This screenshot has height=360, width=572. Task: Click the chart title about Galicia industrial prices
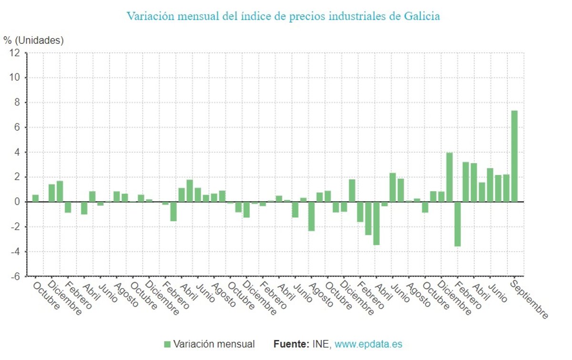283,16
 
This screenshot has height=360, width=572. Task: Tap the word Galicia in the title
421,16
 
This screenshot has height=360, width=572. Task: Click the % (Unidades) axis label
33,41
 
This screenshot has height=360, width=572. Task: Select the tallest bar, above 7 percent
514,156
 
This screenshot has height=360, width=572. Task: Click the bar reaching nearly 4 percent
449,177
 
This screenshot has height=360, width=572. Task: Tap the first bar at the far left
35,198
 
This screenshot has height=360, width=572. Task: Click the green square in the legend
167,344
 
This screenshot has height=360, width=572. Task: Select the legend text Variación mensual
214,344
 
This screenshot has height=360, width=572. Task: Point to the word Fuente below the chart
291,344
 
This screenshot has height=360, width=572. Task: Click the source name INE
321,344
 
